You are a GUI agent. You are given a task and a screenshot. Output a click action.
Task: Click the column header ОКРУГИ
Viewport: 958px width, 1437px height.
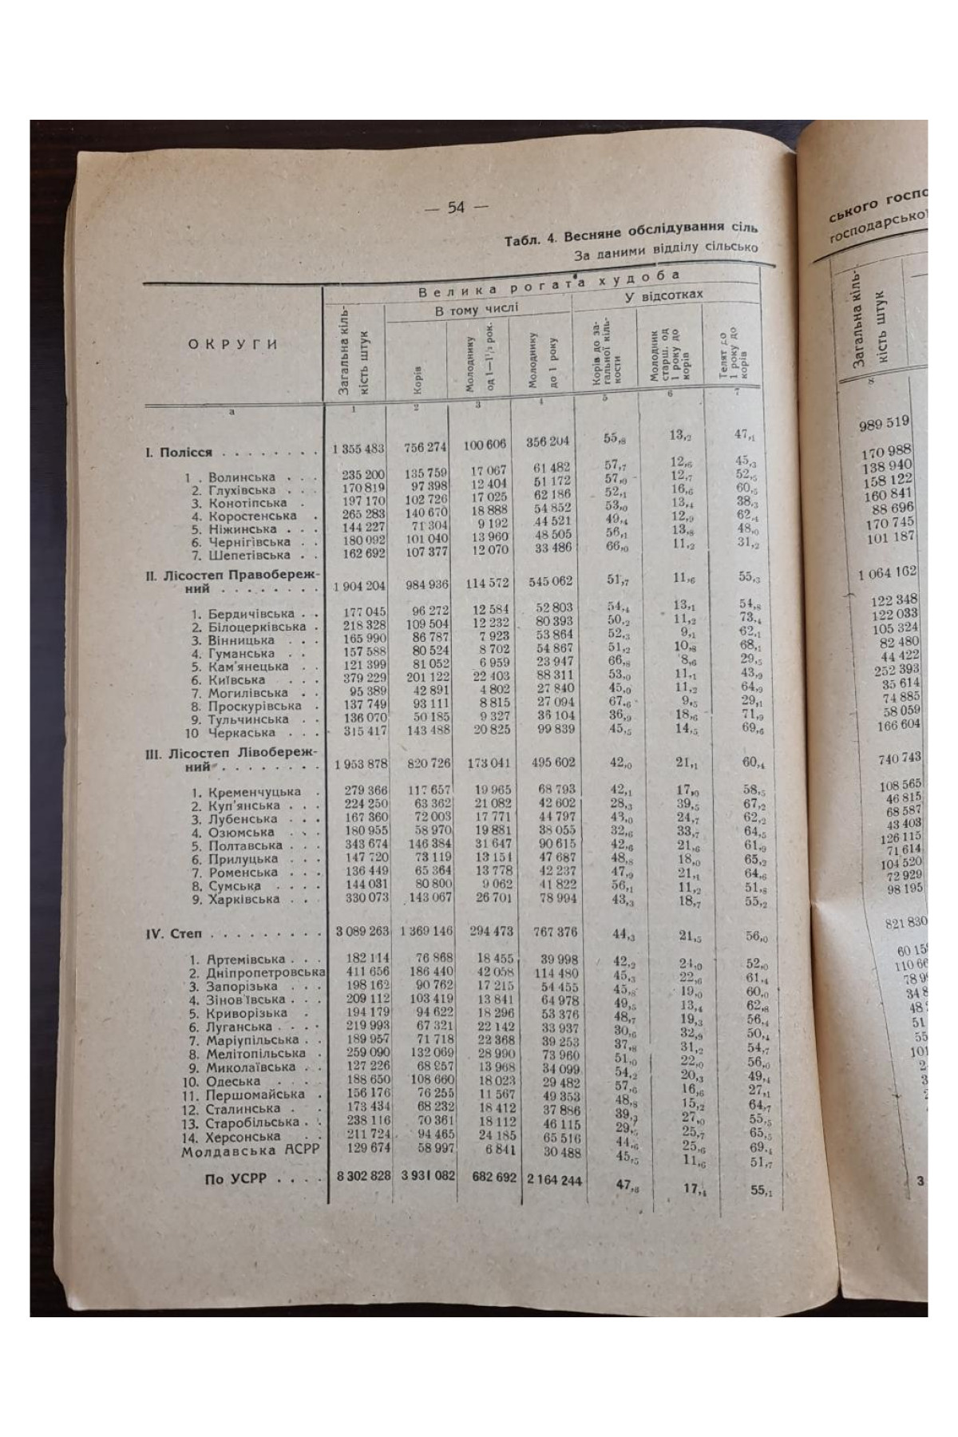tap(232, 345)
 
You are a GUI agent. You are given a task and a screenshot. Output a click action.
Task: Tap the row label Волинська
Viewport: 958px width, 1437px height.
tap(241, 478)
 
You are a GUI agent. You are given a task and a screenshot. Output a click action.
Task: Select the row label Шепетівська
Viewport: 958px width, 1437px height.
tap(249, 555)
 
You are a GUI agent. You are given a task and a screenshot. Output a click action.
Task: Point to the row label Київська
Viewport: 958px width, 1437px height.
tap(239, 680)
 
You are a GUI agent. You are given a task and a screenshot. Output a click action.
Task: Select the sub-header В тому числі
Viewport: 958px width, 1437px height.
tap(477, 309)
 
